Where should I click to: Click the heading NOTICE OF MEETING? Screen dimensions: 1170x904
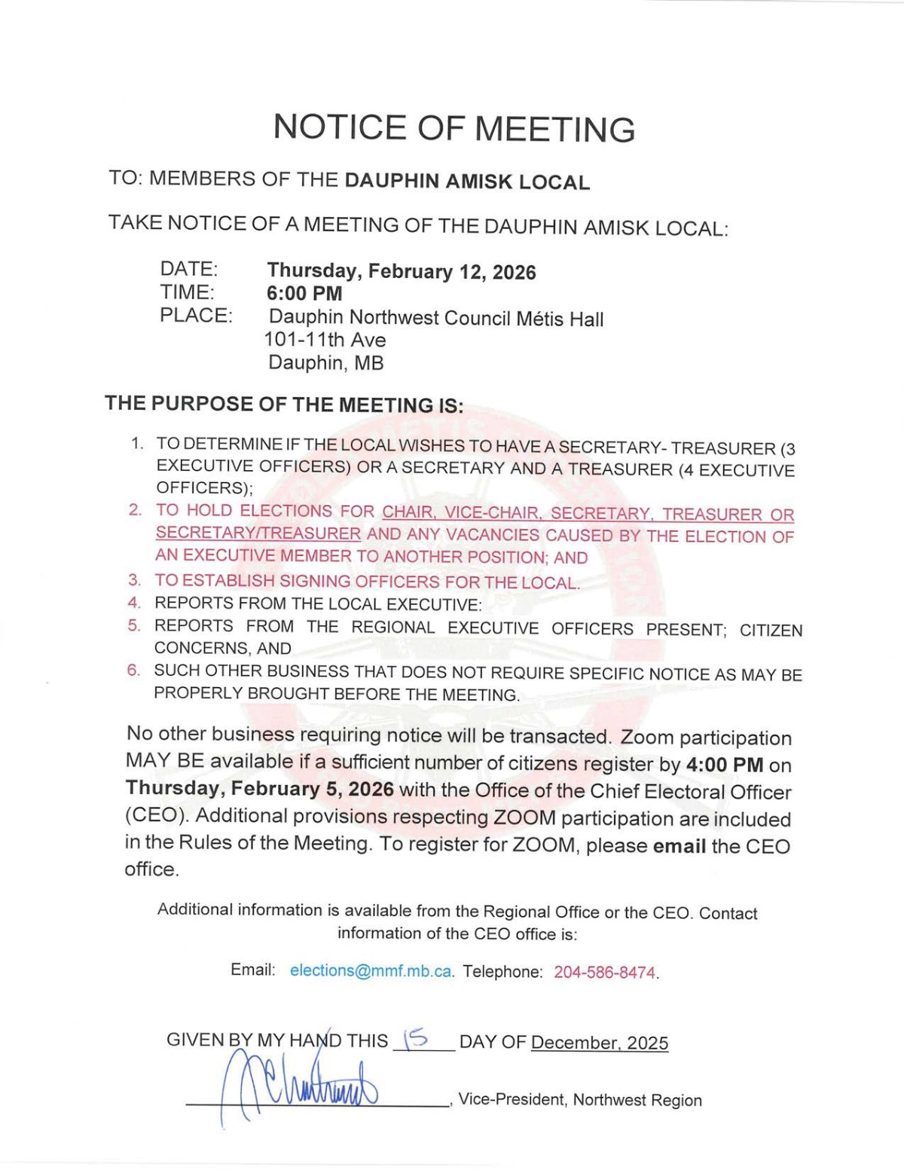[454, 128]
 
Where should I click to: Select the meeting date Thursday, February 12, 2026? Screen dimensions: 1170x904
[402, 271]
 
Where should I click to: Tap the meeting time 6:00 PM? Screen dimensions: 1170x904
[304, 293]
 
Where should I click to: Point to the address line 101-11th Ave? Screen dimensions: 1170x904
[325, 340]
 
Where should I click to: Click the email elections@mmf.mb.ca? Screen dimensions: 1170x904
[371, 971]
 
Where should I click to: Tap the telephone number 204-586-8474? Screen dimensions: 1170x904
[605, 973]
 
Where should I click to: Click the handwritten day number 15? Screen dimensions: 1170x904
[416, 1040]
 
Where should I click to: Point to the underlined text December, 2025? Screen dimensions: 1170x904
[600, 1043]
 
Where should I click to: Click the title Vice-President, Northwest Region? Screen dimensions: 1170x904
[579, 1100]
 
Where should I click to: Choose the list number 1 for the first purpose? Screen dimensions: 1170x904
[136, 443]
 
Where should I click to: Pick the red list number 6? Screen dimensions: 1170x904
[133, 670]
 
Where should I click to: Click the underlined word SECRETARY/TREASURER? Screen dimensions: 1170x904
[258, 533]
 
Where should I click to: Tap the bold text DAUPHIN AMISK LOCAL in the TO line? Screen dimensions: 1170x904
[467, 182]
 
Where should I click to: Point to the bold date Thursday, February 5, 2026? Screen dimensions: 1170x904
[260, 789]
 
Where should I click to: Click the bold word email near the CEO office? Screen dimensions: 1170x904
[680, 846]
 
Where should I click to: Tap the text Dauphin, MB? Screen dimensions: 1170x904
[326, 362]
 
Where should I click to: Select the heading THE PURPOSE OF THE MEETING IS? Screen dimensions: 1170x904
[284, 404]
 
